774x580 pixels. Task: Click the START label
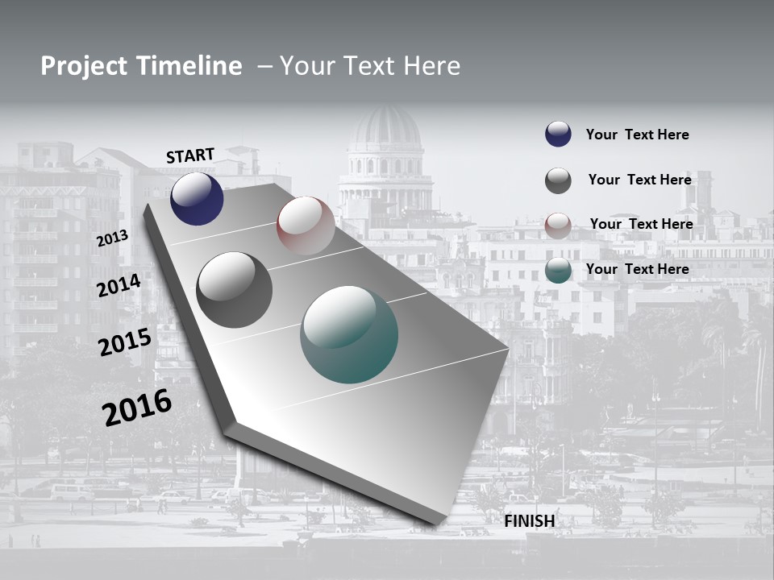190,155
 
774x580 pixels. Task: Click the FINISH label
530,521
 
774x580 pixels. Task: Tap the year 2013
113,238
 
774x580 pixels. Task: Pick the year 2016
137,407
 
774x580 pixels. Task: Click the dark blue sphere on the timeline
197,199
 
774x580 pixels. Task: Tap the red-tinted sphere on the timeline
306,226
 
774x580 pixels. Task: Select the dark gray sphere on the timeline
235,290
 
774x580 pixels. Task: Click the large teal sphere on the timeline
349,335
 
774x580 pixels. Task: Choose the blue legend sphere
558,134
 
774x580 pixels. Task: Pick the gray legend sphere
558,180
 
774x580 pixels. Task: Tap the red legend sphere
558,226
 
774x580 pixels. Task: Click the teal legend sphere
558,271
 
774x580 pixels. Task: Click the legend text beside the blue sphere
637,135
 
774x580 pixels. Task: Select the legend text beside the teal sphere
637,269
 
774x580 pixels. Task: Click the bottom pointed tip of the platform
436,522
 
